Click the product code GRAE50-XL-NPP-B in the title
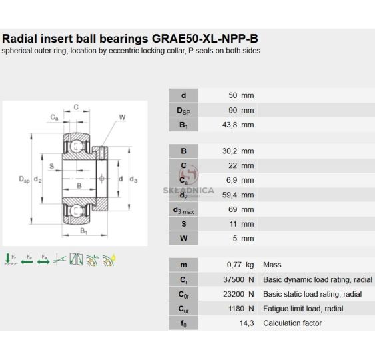click(x=205, y=39)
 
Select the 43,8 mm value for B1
click(x=238, y=125)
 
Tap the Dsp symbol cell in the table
click(x=183, y=110)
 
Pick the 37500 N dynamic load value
click(x=238, y=279)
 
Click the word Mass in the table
click(x=272, y=265)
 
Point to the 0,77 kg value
click(x=240, y=265)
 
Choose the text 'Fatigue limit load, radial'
click(x=303, y=309)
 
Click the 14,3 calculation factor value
click(x=247, y=323)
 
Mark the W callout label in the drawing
click(x=122, y=117)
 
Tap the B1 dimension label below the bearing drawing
click(x=83, y=231)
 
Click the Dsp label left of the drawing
click(x=24, y=179)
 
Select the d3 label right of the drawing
click(x=133, y=179)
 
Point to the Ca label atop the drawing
click(x=54, y=117)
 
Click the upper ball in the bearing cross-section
click(x=77, y=146)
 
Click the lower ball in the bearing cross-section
click(x=77, y=211)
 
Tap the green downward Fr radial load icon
click(x=10, y=259)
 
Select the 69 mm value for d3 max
click(x=241, y=209)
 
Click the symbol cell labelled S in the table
click(x=183, y=224)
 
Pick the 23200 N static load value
click(x=238, y=294)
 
